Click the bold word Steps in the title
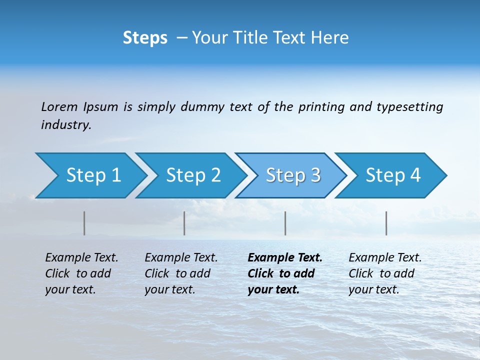click(x=145, y=38)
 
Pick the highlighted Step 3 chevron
click(x=293, y=175)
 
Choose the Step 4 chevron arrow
click(x=393, y=175)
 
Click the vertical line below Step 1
click(x=84, y=223)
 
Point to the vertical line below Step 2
click(x=184, y=223)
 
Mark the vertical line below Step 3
click(x=285, y=223)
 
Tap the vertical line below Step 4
click(x=386, y=223)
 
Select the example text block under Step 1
click(x=81, y=273)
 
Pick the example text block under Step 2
click(x=181, y=273)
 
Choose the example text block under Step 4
click(x=385, y=273)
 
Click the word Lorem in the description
click(x=59, y=106)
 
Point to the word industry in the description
click(x=66, y=125)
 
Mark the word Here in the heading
click(x=329, y=38)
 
